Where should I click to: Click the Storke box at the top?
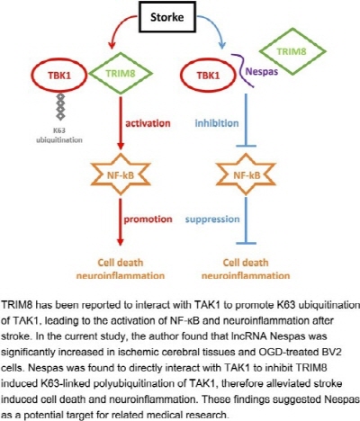click(166, 17)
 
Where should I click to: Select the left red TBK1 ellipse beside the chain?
click(59, 75)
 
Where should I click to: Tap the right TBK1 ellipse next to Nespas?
click(208, 75)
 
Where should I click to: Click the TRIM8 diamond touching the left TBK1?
click(121, 74)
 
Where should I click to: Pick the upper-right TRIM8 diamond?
click(292, 51)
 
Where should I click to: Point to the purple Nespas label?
click(262, 72)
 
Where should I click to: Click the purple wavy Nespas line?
click(242, 71)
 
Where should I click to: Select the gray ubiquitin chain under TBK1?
click(60, 106)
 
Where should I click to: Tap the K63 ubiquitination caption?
click(59, 135)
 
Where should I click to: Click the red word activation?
click(148, 123)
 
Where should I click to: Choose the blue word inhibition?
click(217, 123)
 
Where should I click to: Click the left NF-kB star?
click(121, 175)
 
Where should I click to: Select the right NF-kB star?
click(247, 175)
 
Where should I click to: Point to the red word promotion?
click(148, 219)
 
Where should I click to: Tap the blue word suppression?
click(212, 219)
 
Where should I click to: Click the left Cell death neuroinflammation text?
click(121, 269)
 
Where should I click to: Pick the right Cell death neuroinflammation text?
click(246, 269)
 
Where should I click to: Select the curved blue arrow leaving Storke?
click(214, 25)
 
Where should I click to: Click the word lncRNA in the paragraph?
click(249, 336)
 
